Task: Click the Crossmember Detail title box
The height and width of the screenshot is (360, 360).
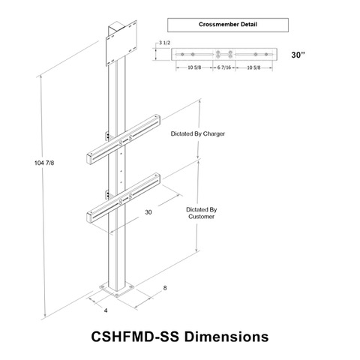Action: click(x=228, y=25)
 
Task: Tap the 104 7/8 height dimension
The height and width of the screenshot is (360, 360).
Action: click(x=44, y=163)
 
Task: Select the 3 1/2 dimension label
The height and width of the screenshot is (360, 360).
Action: click(x=165, y=43)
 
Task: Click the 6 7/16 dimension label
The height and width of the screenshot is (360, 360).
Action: click(x=224, y=67)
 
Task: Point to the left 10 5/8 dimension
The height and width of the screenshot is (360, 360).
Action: click(x=194, y=67)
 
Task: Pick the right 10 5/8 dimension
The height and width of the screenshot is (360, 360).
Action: click(x=253, y=67)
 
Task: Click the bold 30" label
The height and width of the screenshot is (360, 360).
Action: click(x=298, y=55)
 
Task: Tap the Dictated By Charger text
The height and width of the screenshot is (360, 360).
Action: click(x=198, y=133)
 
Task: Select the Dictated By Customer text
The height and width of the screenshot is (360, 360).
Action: click(x=202, y=213)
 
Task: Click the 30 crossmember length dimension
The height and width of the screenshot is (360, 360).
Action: click(x=148, y=212)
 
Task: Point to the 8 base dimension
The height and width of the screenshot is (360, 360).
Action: click(x=165, y=288)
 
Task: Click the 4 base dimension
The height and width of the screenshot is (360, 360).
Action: click(x=106, y=310)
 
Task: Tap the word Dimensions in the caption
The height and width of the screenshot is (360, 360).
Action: click(x=226, y=337)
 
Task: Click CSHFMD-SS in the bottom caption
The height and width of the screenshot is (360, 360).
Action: click(x=135, y=337)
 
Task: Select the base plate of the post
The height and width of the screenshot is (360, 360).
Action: click(x=117, y=289)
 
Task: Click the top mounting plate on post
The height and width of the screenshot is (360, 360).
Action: click(x=121, y=43)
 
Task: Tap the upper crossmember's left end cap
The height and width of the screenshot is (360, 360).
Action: click(x=88, y=159)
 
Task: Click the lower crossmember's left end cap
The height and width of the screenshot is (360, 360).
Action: click(x=88, y=218)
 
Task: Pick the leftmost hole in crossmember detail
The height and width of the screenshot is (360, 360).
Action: click(x=182, y=54)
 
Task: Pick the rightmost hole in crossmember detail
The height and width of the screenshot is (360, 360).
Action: click(x=266, y=54)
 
